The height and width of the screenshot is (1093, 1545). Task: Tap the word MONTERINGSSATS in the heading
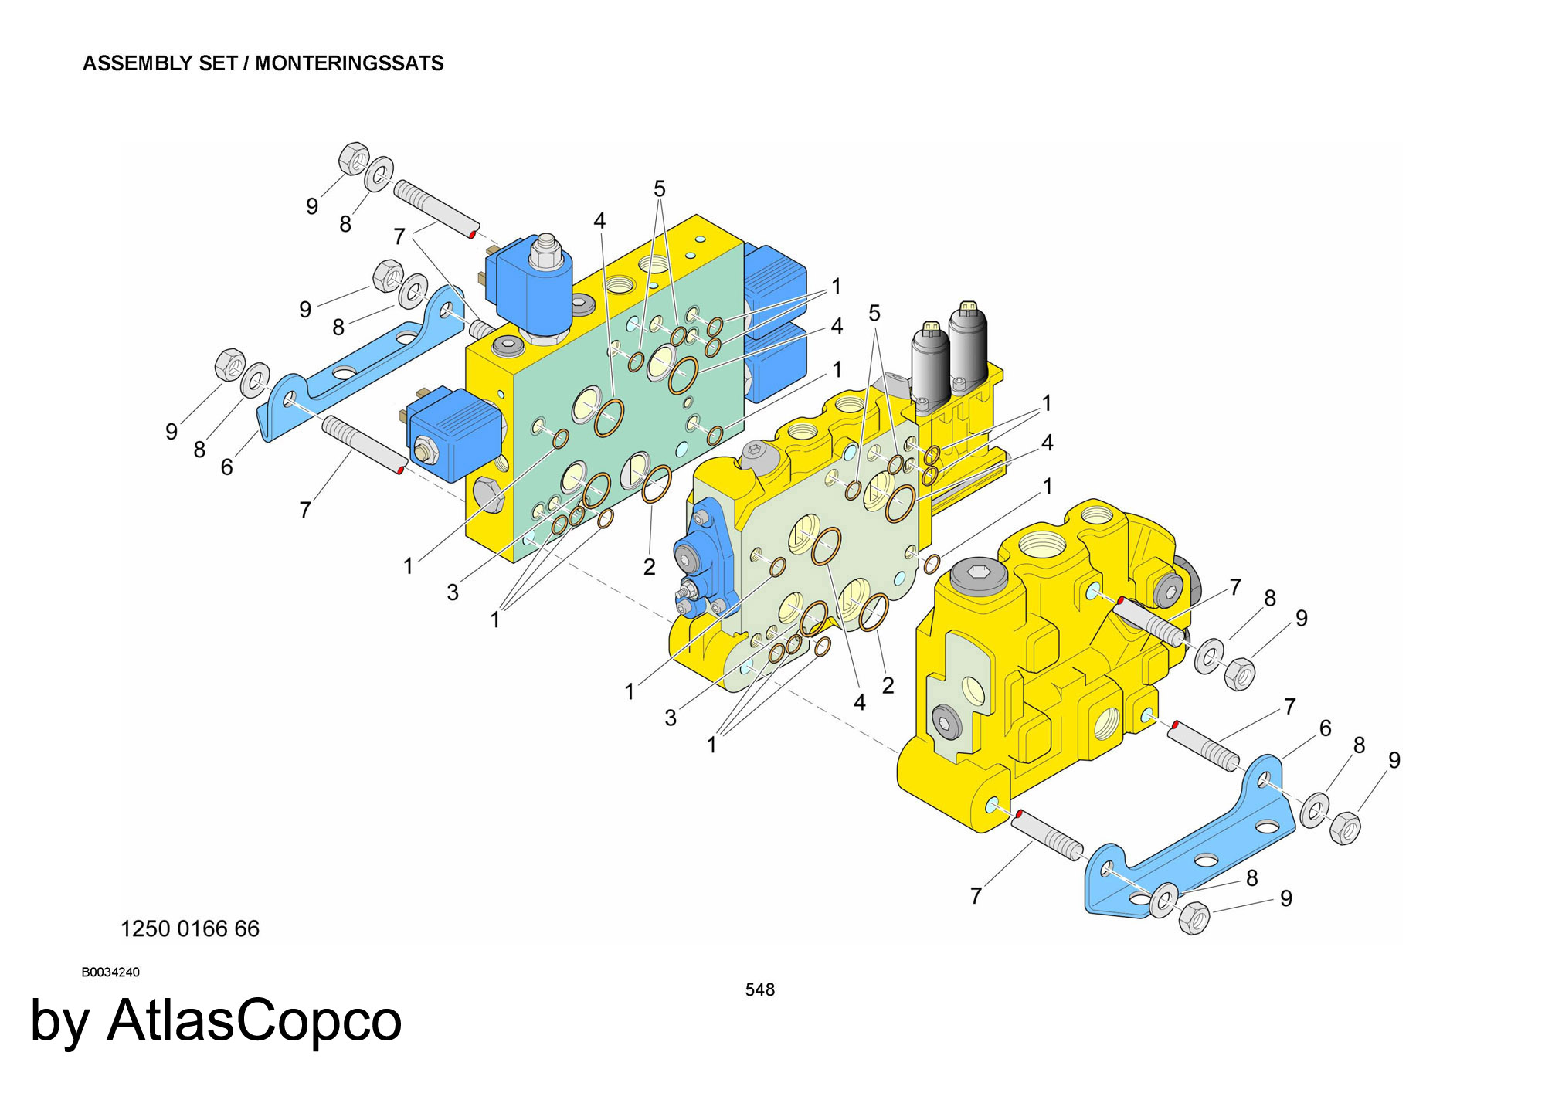point(349,63)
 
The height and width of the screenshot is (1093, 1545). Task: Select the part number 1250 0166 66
point(190,928)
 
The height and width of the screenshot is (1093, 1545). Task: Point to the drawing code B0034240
point(110,972)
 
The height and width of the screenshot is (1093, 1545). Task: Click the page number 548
point(759,989)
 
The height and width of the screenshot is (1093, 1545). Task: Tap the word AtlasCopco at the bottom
point(254,1021)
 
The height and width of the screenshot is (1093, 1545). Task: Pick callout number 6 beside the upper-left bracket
point(226,467)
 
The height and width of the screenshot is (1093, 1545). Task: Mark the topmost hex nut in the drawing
point(355,158)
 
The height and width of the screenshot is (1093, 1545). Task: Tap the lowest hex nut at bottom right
point(1194,918)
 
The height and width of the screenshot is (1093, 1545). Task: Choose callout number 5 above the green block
point(659,188)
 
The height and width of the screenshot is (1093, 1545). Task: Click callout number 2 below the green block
point(649,567)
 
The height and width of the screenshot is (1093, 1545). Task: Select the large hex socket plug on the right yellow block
point(979,575)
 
